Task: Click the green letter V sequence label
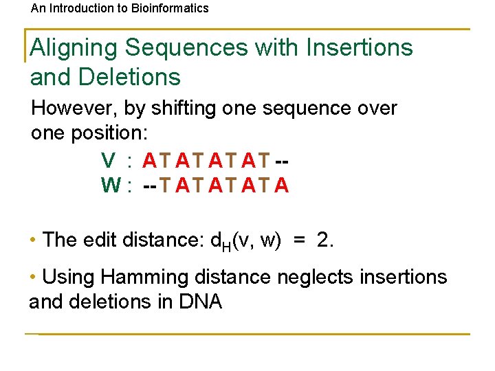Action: click(x=108, y=161)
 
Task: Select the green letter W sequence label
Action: click(x=110, y=185)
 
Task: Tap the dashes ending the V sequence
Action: click(x=281, y=161)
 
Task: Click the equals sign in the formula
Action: click(x=299, y=240)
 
